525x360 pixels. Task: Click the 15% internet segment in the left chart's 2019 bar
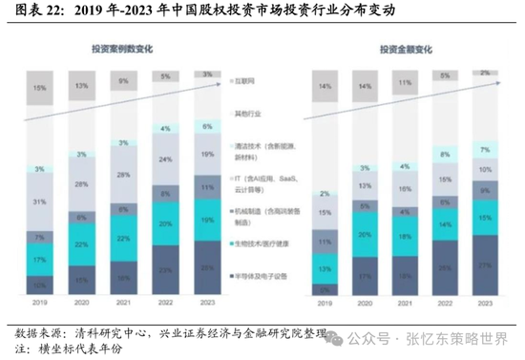39,89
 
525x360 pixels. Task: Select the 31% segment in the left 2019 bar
39,201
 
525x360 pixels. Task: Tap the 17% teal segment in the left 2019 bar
39,259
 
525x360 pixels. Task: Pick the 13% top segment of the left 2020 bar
83,86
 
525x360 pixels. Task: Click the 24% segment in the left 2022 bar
166,160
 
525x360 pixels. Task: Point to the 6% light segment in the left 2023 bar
207,126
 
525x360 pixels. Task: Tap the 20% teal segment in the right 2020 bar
367,235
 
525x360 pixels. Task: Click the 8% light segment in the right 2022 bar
447,153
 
